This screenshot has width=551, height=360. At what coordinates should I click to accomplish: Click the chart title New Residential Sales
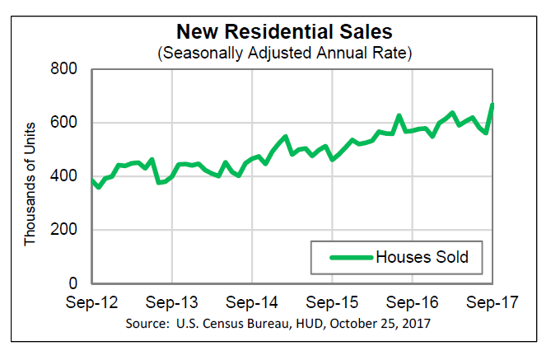point(285,33)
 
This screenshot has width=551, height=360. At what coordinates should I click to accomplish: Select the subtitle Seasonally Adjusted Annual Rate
point(285,54)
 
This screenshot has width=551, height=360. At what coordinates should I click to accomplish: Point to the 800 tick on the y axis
point(67,70)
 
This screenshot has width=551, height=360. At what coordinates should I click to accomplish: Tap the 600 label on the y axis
point(67,124)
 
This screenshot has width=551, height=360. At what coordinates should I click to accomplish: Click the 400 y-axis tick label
point(67,177)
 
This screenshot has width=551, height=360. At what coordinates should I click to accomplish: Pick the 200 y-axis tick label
point(67,231)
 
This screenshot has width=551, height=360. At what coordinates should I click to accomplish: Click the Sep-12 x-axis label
point(92,302)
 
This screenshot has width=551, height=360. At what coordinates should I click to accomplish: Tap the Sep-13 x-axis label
point(172,302)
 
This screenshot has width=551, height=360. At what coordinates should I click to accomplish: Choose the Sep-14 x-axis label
point(252,302)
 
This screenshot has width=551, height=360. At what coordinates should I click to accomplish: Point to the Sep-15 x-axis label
point(333,302)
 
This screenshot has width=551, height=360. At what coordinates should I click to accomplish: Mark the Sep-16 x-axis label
point(413,302)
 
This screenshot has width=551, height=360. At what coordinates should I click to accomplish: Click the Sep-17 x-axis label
point(493,302)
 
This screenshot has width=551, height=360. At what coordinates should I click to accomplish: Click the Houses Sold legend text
point(423,257)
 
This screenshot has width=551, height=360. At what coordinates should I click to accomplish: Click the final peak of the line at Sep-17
point(492,105)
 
